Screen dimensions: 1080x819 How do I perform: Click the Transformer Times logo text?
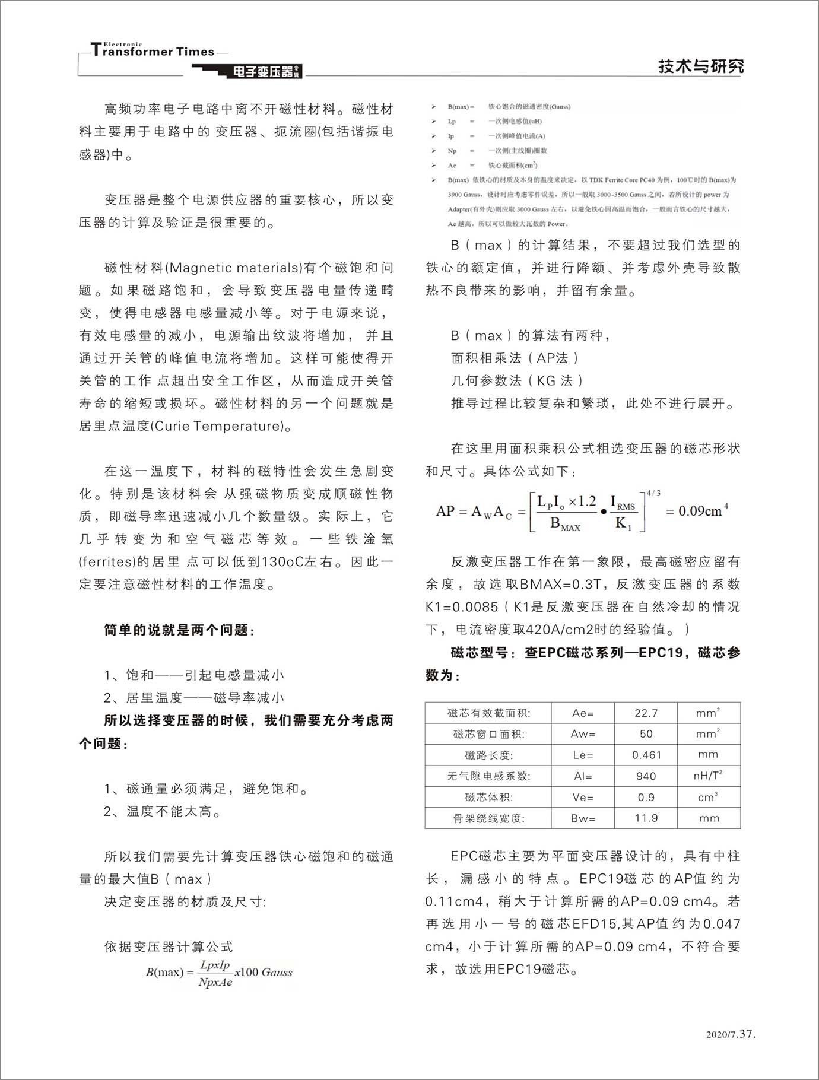[x=153, y=51]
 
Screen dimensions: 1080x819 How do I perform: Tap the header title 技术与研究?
[x=700, y=66]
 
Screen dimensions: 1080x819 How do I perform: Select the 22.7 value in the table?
[x=646, y=713]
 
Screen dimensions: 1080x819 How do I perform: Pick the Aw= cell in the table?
[x=583, y=734]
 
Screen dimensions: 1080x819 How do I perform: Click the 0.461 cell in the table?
[x=646, y=755]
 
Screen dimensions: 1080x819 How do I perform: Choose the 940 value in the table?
[x=646, y=776]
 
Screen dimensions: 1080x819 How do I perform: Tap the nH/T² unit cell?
[x=708, y=776]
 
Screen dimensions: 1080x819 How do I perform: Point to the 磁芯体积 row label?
[x=488, y=798]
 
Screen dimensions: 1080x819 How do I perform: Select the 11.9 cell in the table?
[x=646, y=818]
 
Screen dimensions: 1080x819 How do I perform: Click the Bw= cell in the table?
[x=583, y=818]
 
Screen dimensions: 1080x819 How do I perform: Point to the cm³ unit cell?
[x=708, y=797]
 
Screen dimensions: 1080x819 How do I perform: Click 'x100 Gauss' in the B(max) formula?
[x=264, y=972]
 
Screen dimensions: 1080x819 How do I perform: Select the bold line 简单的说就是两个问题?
[x=179, y=630]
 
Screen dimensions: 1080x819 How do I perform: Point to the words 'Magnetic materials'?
[x=235, y=268]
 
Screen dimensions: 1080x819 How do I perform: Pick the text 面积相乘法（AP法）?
[x=515, y=358]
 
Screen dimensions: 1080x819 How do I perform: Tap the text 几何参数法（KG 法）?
[x=518, y=380]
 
